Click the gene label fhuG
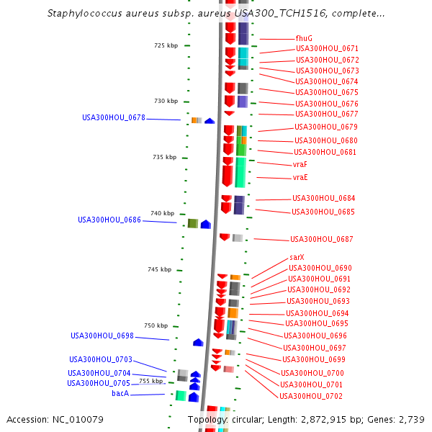pos(304,38)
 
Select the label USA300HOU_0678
pos(113,117)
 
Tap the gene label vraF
pos(300,165)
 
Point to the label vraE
pos(300,177)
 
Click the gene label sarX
pos(297,257)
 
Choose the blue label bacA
pos(120,394)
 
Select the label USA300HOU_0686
pos(109,220)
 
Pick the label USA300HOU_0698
pos(102,336)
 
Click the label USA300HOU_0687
pos(322,239)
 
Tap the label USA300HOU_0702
pos(311,396)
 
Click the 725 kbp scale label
pos(166,45)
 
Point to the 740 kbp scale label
pos(162,213)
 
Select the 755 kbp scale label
pos(151,381)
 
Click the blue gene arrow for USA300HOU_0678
pos(210,121)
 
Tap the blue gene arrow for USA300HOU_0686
pos(205,225)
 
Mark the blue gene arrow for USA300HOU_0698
pos(198,342)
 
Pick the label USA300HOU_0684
pos(323,198)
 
